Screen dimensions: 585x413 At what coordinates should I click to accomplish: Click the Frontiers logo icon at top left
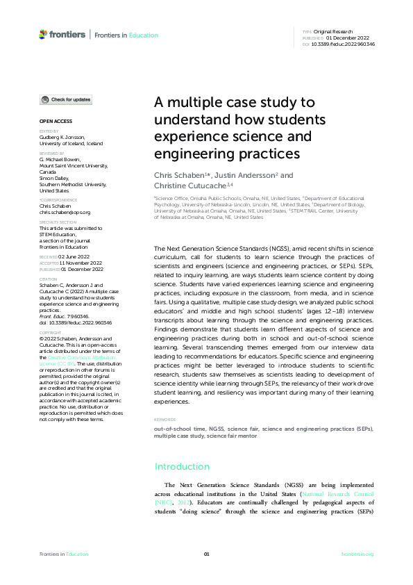(x=43, y=34)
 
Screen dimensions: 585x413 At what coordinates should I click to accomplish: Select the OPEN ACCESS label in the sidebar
(x=52, y=121)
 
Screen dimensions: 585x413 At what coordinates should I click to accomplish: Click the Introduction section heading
(x=182, y=466)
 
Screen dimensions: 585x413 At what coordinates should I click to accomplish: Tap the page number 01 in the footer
(x=206, y=554)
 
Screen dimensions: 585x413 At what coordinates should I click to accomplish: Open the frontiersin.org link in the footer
(x=357, y=554)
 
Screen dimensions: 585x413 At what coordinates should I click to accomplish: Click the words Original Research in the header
(x=335, y=32)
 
